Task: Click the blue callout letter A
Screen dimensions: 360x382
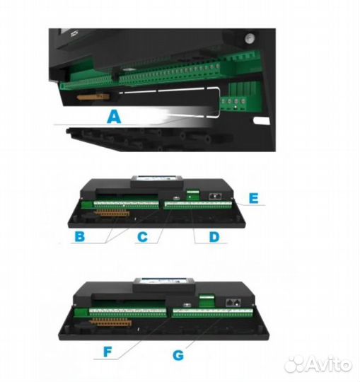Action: tap(114, 117)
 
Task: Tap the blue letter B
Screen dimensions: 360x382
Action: tap(80, 236)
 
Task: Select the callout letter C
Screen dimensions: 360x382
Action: tap(142, 236)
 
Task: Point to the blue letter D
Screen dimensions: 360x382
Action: tap(214, 236)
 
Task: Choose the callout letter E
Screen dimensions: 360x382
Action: tap(254, 198)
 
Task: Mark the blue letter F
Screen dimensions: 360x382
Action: tap(108, 352)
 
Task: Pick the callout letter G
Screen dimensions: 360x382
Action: tap(178, 355)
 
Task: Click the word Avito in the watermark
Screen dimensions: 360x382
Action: tap(328, 364)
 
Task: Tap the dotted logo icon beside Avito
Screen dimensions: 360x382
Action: tap(294, 364)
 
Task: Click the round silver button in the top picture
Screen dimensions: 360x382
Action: tap(250, 38)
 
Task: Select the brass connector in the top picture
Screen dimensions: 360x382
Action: tap(93, 97)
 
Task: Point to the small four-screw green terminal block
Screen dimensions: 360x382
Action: tap(233, 102)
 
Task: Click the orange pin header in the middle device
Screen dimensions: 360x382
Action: tap(112, 214)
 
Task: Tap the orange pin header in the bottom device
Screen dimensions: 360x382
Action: tap(111, 322)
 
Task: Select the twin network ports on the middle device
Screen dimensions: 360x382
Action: tap(215, 196)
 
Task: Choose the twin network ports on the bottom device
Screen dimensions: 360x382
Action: tap(233, 303)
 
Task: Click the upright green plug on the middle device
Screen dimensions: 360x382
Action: tap(193, 195)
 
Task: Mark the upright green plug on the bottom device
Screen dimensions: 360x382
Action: tap(207, 301)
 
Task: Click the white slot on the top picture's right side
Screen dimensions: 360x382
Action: tap(262, 120)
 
